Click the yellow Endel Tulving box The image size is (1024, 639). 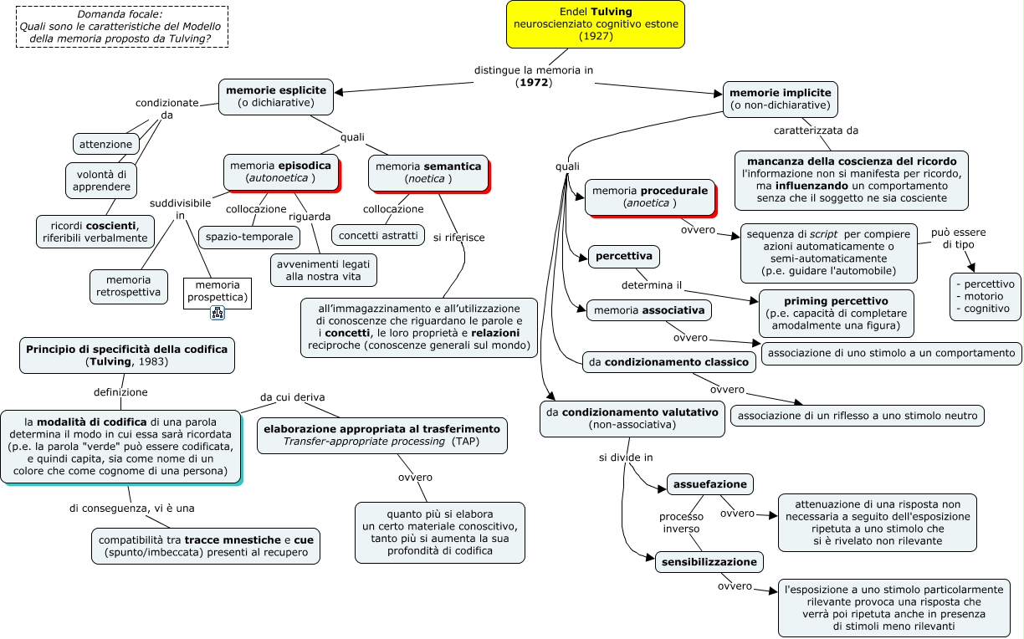pos(595,24)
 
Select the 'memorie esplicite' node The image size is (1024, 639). pos(275,96)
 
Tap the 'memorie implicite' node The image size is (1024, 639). pos(781,100)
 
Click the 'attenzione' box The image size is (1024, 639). pos(105,144)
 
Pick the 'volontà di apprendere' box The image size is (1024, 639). pos(101,181)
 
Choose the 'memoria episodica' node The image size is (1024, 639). pos(281,172)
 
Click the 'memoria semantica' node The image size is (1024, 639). pos(429,173)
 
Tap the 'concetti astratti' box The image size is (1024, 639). pos(378,235)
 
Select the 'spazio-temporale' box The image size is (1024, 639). pos(249,237)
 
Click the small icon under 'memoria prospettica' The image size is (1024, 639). pos(218,313)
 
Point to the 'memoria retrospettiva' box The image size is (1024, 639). pos(129,286)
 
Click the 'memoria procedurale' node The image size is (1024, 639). pos(651,197)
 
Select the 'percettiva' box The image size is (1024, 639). pos(624,256)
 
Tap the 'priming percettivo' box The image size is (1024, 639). pos(836,313)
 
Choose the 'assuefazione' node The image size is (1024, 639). pos(710,484)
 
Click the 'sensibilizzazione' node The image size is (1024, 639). pos(709,562)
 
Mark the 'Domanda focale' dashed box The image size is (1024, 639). pos(122,27)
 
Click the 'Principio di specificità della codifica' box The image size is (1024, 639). pos(126,355)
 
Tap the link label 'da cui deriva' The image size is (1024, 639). pos(293,396)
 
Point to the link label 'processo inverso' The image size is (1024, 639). pos(681,523)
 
